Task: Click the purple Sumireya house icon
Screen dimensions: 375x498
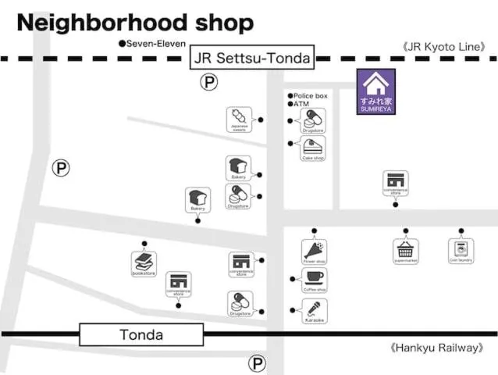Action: (376, 91)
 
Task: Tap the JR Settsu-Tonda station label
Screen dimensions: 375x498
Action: (251, 57)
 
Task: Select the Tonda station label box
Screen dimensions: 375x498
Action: (141, 335)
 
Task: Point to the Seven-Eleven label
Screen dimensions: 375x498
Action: (152, 43)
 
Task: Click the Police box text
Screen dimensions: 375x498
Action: (309, 95)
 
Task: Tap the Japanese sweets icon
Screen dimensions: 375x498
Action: (239, 120)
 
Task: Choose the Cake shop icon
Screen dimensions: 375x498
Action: (313, 148)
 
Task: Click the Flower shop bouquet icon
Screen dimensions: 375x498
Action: (314, 251)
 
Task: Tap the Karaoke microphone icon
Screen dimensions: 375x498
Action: (314, 310)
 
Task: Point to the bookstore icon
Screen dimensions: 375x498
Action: (144, 263)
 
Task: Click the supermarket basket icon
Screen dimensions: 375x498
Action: (405, 251)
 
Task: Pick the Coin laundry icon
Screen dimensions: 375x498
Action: (461, 250)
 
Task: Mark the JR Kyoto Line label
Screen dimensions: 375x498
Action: (444, 47)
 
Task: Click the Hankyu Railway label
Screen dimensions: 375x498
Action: (436, 348)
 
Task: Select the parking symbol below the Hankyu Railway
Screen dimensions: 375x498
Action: (257, 362)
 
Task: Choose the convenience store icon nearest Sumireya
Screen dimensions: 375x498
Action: (395, 183)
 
